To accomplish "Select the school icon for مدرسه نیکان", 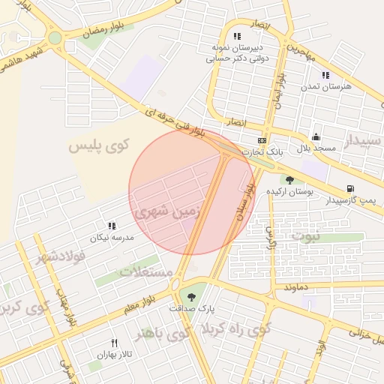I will click(112, 226).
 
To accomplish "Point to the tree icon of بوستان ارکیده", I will click(290, 179).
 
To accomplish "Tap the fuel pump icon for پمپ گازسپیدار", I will click(349, 189).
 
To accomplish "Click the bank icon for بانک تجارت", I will click(262, 141).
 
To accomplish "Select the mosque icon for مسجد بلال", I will click(316, 137).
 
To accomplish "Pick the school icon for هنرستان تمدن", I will click(325, 75).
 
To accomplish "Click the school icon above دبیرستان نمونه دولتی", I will click(237, 36).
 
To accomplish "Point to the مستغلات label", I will click(145, 270).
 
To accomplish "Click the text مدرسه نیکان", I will click(112, 238).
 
